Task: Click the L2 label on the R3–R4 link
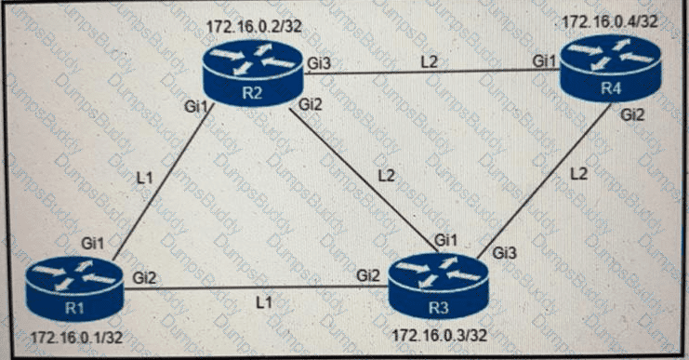coord(580,174)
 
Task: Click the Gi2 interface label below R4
coord(632,115)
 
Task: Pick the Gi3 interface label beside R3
coord(505,252)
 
